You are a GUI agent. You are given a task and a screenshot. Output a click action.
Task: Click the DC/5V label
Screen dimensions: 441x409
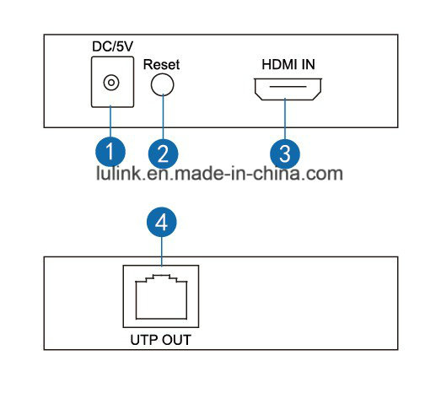coord(112,46)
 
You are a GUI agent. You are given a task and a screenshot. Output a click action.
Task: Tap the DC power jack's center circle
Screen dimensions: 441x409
coord(111,83)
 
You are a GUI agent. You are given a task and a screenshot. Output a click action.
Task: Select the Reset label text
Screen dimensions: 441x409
coord(161,64)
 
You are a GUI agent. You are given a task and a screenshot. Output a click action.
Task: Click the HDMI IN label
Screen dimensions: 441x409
coord(288,64)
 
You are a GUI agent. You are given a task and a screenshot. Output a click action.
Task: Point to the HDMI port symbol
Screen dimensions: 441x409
coord(288,89)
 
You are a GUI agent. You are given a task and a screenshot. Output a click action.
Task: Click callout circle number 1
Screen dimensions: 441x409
coord(110,152)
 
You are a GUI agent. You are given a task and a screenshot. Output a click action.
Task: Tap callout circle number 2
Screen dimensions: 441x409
coord(163,153)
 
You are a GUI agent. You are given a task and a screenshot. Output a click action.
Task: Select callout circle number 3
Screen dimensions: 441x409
coord(285,153)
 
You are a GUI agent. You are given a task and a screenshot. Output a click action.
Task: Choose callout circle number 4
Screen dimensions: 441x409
coord(162,222)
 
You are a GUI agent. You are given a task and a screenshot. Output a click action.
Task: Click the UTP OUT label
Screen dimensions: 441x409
coord(161,340)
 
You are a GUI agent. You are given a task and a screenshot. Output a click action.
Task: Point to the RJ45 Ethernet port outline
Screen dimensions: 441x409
coord(161,297)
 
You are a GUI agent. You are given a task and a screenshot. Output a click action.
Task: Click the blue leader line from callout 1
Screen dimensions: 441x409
coord(110,121)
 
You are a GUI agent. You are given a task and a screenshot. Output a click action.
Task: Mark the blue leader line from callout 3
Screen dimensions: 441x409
coord(285,119)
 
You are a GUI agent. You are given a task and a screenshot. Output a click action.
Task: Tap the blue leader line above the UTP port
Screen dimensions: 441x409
coord(162,251)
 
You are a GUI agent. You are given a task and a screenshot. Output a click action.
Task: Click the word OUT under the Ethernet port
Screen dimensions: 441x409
coord(177,340)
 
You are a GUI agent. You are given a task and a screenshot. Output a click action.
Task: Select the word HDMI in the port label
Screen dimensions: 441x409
coord(278,64)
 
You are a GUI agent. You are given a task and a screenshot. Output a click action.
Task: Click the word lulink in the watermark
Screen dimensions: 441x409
coord(118,173)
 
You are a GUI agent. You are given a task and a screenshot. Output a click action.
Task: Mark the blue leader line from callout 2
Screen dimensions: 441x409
coord(163,116)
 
